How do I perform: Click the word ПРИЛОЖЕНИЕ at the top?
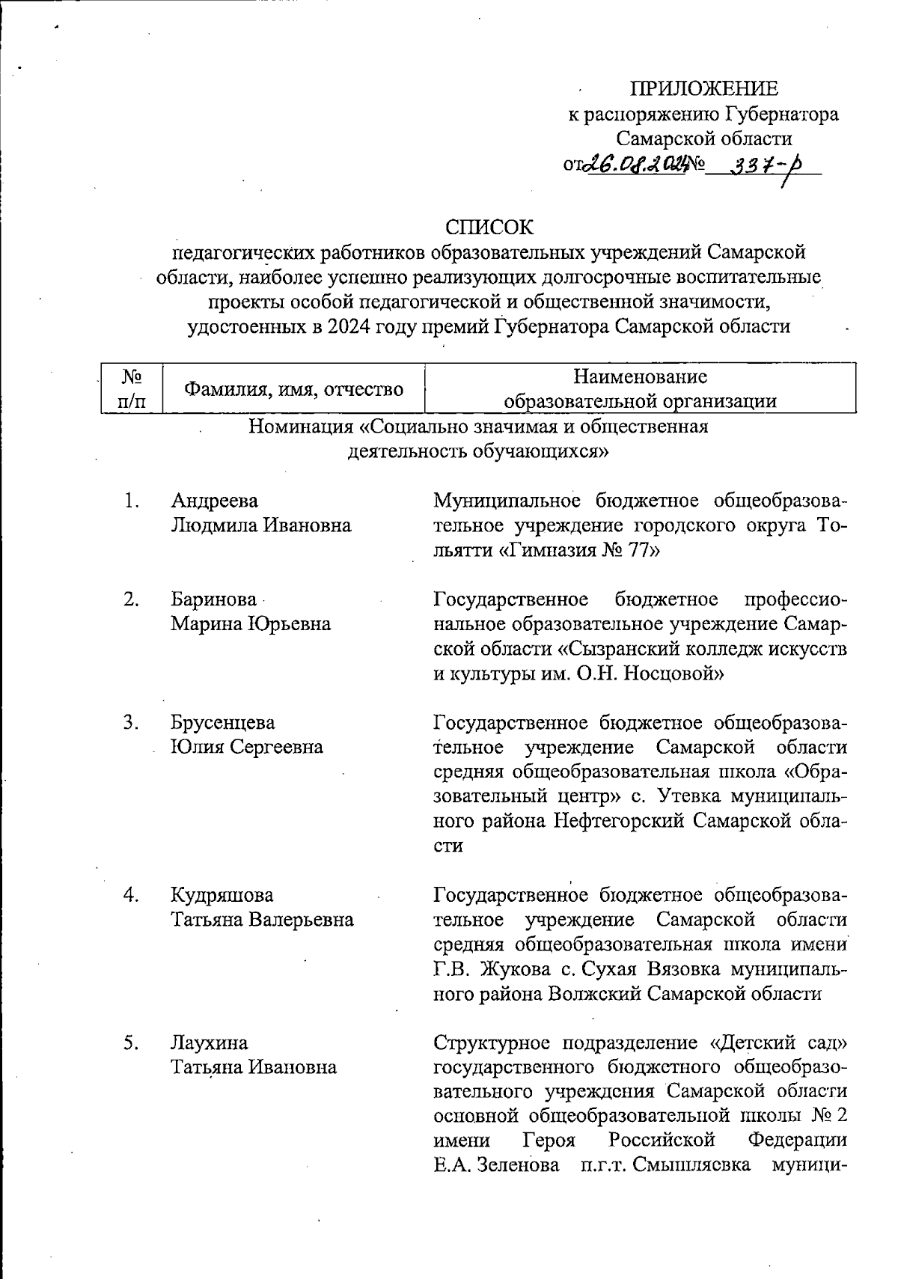tap(703, 89)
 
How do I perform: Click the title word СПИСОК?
tap(489, 227)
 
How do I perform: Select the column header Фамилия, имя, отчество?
tap(294, 389)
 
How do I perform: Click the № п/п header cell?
tap(132, 388)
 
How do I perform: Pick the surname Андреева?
tap(215, 501)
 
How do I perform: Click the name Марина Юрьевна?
tap(251, 623)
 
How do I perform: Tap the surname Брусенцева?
tap(222, 722)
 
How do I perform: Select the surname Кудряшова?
tap(222, 895)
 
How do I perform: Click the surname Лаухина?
tap(209, 1043)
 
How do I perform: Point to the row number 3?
tap(132, 722)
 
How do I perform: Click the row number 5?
tap(132, 1043)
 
